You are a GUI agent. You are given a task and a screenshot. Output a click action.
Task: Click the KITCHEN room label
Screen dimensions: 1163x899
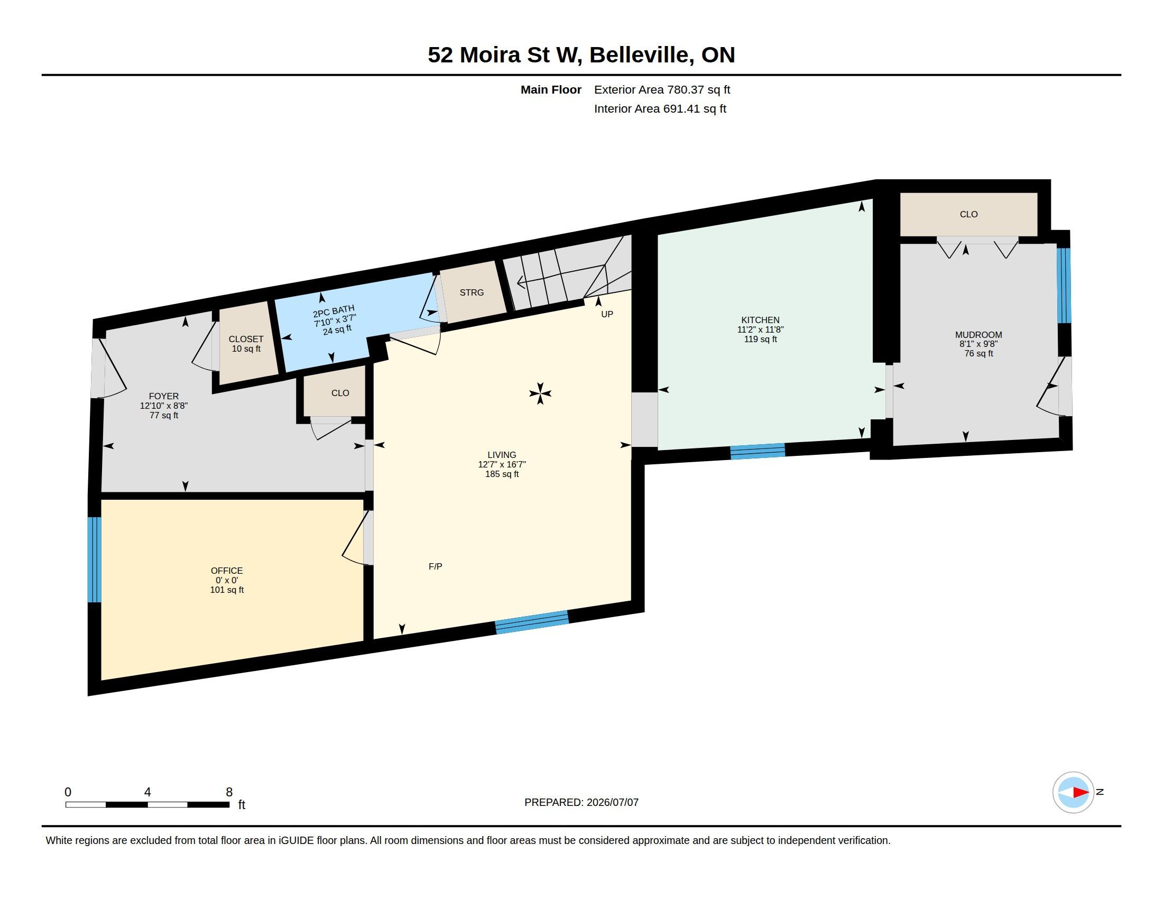pos(760,320)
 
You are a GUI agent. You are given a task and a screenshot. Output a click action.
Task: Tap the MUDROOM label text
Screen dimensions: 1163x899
pos(978,335)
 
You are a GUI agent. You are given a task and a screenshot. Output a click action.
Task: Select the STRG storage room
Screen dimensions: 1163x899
pos(472,292)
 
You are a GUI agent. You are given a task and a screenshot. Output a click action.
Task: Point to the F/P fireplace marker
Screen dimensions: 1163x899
pos(435,567)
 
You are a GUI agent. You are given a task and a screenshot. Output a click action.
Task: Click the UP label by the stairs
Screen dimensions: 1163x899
pos(607,314)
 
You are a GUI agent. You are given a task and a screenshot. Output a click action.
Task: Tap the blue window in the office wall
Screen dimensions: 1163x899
pos(94,559)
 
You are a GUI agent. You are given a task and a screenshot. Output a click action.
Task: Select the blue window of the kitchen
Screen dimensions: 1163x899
pos(757,451)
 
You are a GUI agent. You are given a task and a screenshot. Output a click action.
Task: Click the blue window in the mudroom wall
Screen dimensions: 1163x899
pos(1064,286)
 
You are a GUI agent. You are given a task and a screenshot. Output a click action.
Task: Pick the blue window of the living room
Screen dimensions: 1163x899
pos(532,622)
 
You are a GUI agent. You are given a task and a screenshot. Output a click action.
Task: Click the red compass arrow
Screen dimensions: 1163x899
pos(1080,793)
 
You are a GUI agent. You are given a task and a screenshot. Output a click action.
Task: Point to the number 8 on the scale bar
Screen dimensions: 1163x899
pos(229,792)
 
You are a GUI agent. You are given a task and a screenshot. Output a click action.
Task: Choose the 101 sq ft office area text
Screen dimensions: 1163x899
pos(227,590)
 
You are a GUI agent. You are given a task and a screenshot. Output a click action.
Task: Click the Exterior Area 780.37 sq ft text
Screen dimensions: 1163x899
pos(662,89)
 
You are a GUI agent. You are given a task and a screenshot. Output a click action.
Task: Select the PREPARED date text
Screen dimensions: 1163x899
pos(581,802)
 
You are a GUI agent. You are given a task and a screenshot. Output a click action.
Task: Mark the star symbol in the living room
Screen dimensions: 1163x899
pos(540,393)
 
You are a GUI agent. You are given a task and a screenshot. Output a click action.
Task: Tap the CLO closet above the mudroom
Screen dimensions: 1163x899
pos(968,214)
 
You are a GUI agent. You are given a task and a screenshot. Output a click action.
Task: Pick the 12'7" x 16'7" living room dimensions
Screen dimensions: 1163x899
pos(502,464)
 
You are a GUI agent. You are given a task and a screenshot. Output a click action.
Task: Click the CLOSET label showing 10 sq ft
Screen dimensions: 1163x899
pos(246,340)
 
